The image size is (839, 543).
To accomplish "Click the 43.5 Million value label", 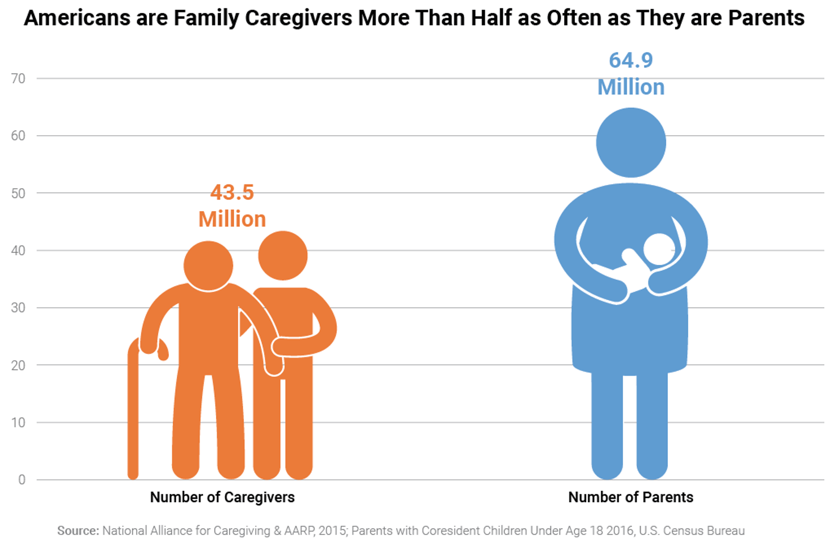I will [x=232, y=205].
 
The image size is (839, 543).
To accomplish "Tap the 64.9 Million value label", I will [x=630, y=74].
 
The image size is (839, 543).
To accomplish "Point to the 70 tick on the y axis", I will [x=18, y=79].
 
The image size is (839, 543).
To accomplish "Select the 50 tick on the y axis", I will [x=18, y=193].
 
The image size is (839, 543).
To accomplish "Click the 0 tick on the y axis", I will [x=22, y=480].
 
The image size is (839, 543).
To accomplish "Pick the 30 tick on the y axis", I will [x=18, y=308].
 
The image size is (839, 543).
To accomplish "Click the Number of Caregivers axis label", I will [x=222, y=498].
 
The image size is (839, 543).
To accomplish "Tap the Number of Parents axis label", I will [x=630, y=498].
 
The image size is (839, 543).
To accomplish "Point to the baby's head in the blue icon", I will [x=659, y=249].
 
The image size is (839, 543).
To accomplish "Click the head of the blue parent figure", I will [x=631, y=143].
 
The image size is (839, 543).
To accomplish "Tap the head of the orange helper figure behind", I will [x=283, y=256].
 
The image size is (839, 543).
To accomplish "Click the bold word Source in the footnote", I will [x=78, y=531].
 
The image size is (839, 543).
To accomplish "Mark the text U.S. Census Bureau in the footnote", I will [x=692, y=531].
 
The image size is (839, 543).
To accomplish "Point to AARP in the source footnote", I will [x=299, y=531].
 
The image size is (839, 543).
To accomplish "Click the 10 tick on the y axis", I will [x=18, y=423].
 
